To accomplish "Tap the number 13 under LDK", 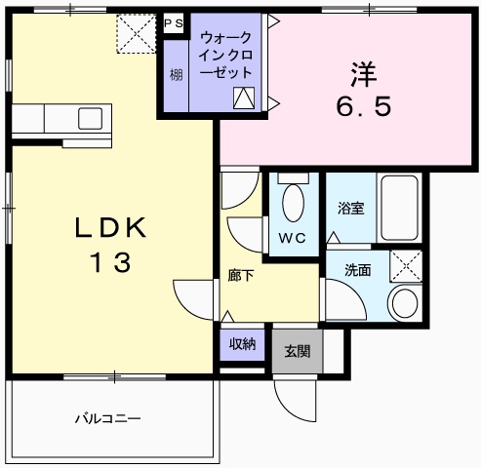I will (110, 262).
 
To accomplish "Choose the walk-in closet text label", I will (225, 55).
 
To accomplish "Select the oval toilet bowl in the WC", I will (292, 204).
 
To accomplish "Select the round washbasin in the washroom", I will (404, 302).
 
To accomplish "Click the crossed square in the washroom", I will (406, 264).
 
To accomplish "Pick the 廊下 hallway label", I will (241, 276).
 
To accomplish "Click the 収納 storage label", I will (242, 342).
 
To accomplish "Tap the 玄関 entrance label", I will (298, 351).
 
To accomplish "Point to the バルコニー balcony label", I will (108, 419).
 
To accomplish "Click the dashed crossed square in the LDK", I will (136, 35).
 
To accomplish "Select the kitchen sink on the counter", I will (90, 118).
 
